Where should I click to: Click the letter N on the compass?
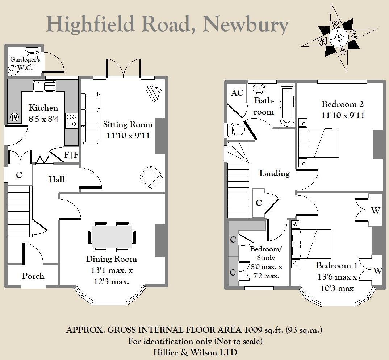[x=336, y=24]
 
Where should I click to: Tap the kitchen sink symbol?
[x=44, y=86]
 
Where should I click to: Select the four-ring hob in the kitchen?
[x=71, y=121]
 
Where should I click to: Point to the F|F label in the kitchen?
[x=71, y=155]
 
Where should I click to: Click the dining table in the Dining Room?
[x=112, y=237]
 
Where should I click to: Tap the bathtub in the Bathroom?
[x=287, y=105]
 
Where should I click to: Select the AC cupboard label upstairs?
[x=237, y=93]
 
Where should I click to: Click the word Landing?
[x=274, y=173]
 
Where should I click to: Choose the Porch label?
[x=33, y=276]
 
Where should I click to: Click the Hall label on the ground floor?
[x=57, y=179]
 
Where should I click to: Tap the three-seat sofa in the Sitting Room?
[x=90, y=118]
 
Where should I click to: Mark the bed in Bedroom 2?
[x=318, y=143]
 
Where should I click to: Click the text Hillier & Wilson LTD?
[x=195, y=352]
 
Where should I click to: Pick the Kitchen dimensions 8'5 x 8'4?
[x=43, y=118]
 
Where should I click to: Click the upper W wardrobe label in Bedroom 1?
[x=376, y=210]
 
